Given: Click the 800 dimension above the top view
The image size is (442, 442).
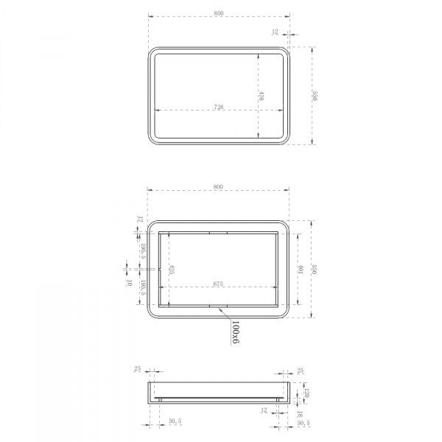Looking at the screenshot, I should [x=218, y=12].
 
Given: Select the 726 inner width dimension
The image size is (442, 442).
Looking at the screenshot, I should [x=219, y=108].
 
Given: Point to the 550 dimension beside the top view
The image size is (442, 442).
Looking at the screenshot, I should [x=315, y=96].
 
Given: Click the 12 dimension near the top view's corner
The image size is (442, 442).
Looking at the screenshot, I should [x=275, y=32].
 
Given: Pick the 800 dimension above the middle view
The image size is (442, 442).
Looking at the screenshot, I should [x=218, y=186].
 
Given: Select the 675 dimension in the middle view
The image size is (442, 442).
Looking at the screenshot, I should [x=219, y=284].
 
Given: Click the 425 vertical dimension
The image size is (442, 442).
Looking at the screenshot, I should [x=171, y=270].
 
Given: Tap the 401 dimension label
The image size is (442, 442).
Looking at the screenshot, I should [x=301, y=270].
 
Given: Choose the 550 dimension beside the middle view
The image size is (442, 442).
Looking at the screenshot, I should [x=315, y=269].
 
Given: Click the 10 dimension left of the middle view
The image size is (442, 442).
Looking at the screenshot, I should [x=129, y=283].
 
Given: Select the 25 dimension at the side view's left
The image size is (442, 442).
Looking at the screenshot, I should [x=138, y=369].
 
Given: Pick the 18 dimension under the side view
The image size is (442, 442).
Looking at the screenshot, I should [x=301, y=415].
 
